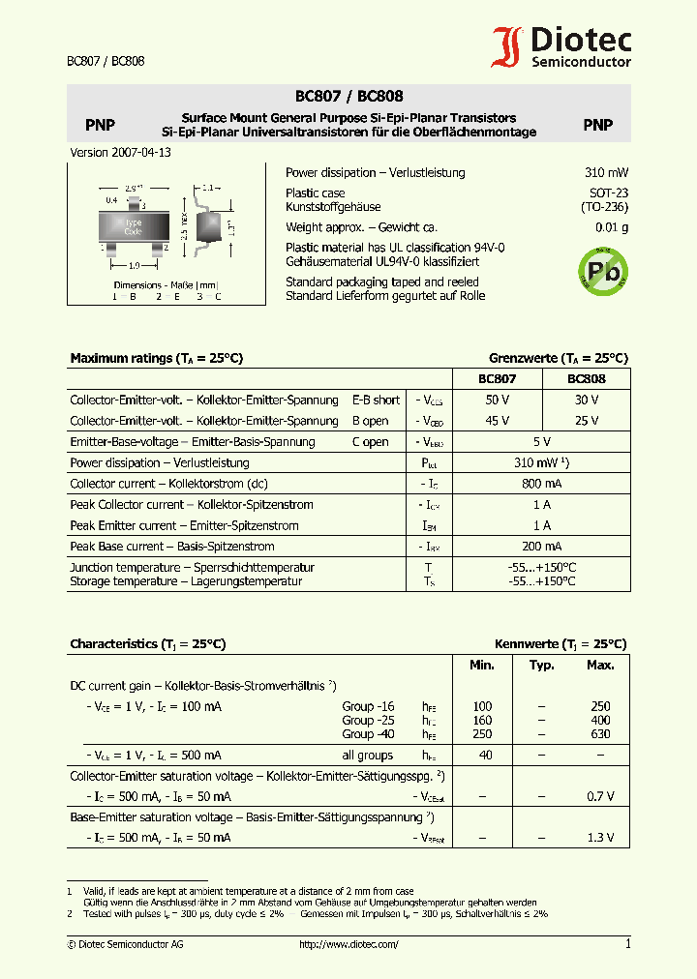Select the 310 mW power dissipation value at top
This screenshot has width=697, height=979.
606,172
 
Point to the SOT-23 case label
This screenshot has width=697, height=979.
608,193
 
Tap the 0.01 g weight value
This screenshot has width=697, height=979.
611,227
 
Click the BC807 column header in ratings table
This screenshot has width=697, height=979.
498,379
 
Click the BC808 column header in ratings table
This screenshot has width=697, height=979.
586,379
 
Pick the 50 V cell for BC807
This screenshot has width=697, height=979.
498,400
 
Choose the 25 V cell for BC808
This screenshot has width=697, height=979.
586,421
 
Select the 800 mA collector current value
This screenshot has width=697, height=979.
541,484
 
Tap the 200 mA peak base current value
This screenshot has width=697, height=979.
541,547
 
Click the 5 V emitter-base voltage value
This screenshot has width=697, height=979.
541,442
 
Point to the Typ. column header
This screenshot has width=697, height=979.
542,666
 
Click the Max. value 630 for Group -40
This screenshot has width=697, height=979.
600,734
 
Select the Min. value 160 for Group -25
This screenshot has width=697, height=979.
482,721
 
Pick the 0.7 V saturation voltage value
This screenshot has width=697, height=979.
600,796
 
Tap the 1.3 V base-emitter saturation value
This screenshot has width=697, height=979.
600,838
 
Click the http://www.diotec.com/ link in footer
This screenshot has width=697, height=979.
348,944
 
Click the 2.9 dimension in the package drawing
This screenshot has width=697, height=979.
133,189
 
